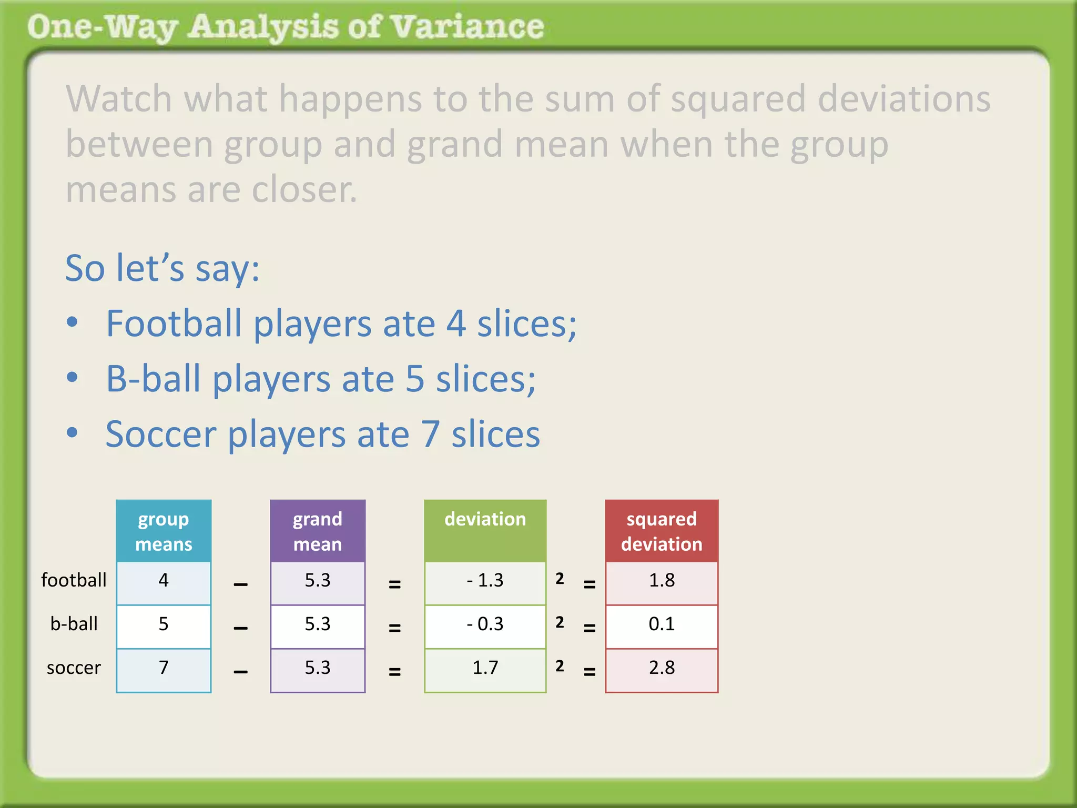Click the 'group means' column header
(x=164, y=531)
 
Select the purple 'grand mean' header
(x=318, y=531)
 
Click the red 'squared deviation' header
(x=662, y=531)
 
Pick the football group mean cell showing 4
(x=164, y=581)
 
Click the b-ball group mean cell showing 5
(x=164, y=624)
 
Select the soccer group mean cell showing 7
(x=164, y=668)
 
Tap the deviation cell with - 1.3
(x=485, y=581)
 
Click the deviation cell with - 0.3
(x=485, y=624)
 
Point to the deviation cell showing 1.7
(x=485, y=668)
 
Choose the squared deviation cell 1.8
(x=662, y=581)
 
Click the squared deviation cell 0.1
(x=662, y=624)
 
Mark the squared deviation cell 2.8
(x=662, y=668)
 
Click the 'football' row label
(x=74, y=580)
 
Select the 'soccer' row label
(x=74, y=668)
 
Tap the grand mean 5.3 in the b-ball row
(x=318, y=624)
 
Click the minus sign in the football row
(x=240, y=584)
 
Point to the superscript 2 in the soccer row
(x=560, y=666)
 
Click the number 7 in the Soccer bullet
(x=430, y=435)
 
